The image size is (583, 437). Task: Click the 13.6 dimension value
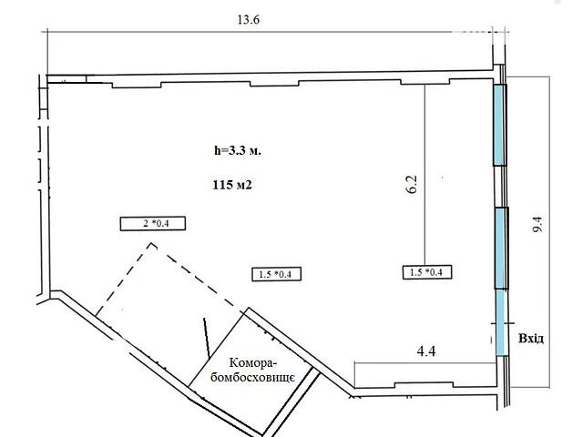[249, 19]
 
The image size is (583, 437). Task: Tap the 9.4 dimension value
[537, 225]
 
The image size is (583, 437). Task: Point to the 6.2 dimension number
[413, 184]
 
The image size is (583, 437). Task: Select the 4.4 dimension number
[426, 351]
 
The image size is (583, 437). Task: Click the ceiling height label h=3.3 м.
[238, 151]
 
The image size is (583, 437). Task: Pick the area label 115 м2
[232, 185]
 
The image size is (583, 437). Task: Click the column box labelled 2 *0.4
[153, 223]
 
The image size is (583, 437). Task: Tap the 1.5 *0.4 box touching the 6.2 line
[427, 272]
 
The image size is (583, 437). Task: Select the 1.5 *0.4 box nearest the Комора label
[277, 274]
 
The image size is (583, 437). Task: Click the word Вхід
[531, 339]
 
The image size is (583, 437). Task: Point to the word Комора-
[253, 363]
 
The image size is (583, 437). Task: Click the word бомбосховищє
[253, 378]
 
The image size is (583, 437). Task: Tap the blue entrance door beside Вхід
[500, 322]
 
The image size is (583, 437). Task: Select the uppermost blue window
[500, 125]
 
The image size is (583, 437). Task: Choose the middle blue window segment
[501, 249]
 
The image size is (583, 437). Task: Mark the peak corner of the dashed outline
[152, 244]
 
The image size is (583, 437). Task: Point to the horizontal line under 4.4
[425, 363]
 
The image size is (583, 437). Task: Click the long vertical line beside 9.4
[549, 232]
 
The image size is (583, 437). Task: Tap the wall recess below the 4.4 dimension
[424, 385]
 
